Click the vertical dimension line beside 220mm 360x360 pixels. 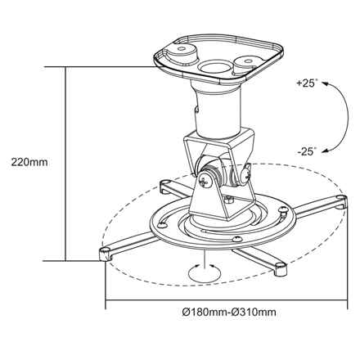click(66, 164)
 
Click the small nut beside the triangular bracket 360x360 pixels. click(232, 200)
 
